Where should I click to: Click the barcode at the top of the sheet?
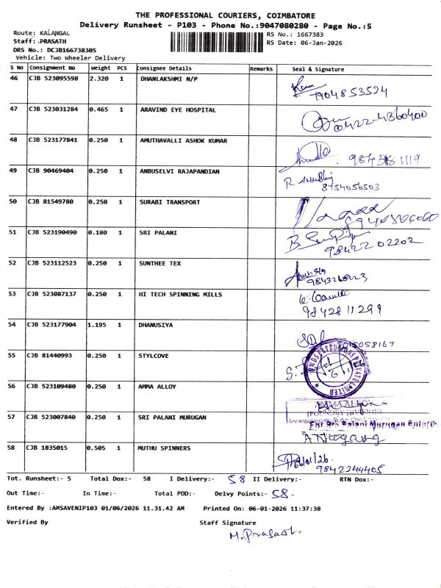(x=218, y=42)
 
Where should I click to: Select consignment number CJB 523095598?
(x=53, y=78)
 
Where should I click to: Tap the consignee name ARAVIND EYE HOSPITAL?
(x=178, y=109)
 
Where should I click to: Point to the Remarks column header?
(x=261, y=68)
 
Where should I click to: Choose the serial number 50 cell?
(x=13, y=201)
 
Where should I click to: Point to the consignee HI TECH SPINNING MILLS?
(x=180, y=293)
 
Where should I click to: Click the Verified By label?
(x=27, y=522)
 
